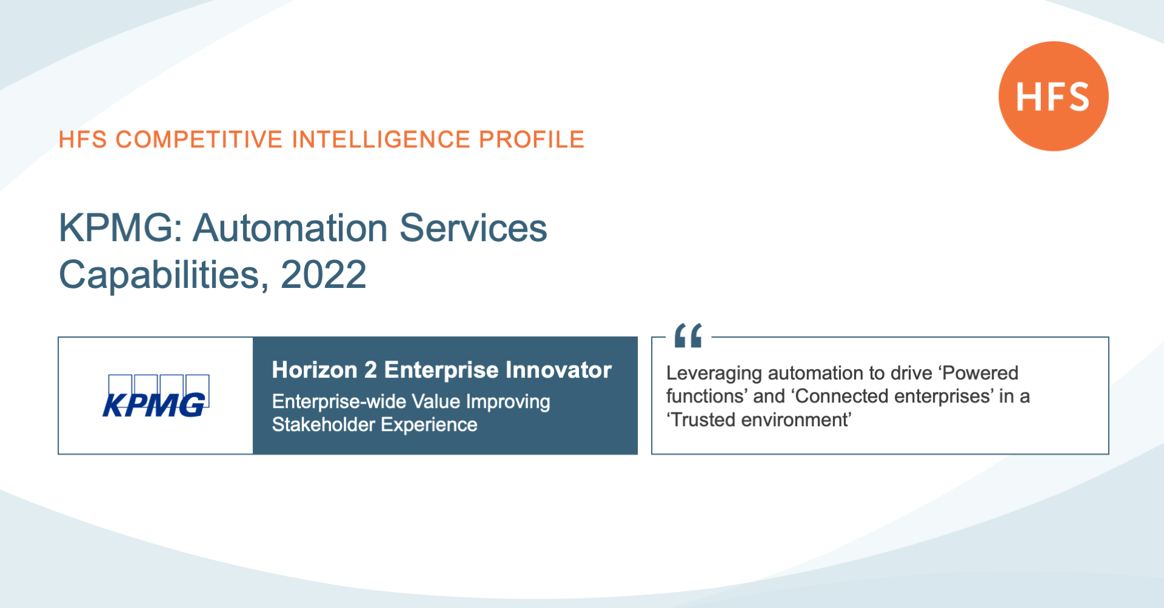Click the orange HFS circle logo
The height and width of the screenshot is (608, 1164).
[x=1054, y=96]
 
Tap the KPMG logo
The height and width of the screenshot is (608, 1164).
[x=156, y=396]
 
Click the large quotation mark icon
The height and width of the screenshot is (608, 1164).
[x=688, y=335]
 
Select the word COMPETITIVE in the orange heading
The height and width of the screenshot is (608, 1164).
[x=199, y=139]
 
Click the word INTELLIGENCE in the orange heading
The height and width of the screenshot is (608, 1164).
[x=381, y=139]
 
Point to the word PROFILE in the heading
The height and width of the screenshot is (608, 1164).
[x=532, y=139]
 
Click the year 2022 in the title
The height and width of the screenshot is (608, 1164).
[x=324, y=275]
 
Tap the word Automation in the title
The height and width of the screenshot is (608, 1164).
[x=290, y=228]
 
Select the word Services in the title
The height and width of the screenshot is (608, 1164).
[x=473, y=228]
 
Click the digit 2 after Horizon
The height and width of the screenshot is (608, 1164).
[x=370, y=370]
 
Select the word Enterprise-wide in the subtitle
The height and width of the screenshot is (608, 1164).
[x=339, y=401]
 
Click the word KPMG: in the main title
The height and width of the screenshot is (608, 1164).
[x=121, y=228]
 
